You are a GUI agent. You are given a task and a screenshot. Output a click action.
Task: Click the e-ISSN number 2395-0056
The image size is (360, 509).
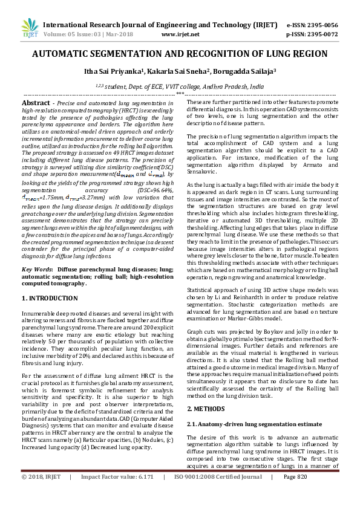pyautogui.click(x=321, y=25)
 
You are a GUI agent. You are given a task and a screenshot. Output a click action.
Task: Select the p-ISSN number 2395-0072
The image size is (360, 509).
pyautogui.click(x=321, y=35)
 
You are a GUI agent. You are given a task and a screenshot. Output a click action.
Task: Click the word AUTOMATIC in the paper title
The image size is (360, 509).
pyautogui.click(x=64, y=54)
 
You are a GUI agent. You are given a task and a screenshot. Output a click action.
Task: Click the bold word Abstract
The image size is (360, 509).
pyautogui.click(x=35, y=104)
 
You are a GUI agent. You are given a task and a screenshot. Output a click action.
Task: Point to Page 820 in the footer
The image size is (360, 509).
pyautogui.click(x=295, y=493)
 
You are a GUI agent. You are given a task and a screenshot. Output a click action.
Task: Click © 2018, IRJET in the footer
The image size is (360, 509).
pyautogui.click(x=41, y=493)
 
